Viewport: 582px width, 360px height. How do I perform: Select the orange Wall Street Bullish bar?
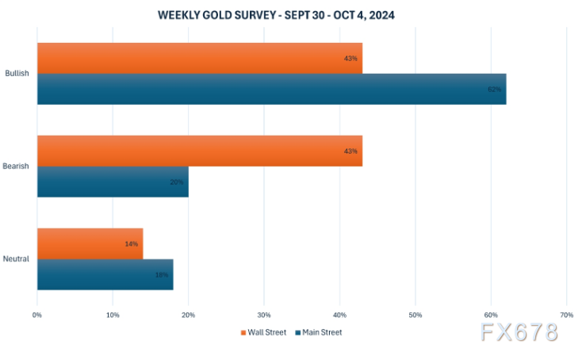coord(198,59)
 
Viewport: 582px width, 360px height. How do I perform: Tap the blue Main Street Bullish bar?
coord(270,89)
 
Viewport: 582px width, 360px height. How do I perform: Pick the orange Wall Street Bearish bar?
coord(198,151)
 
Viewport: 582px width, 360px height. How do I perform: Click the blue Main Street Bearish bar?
coord(111,182)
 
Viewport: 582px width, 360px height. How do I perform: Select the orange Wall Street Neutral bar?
coord(89,243)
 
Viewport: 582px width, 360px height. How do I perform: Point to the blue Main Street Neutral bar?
coord(103,274)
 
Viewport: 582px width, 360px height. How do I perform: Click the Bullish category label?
coord(17,74)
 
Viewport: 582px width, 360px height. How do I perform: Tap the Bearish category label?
coord(17,167)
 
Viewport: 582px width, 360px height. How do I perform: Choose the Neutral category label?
coord(17,259)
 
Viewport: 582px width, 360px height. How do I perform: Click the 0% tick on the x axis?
coord(37,315)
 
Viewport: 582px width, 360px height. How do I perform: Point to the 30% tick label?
coord(264,315)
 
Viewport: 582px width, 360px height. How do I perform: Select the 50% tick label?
coord(415,315)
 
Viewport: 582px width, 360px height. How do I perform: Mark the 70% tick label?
coord(566,315)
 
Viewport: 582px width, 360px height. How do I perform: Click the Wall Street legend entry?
coord(265,332)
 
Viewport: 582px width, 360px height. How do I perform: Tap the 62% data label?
coord(495,90)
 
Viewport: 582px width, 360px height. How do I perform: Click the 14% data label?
coord(132,243)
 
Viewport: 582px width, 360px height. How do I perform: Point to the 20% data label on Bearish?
coord(177,182)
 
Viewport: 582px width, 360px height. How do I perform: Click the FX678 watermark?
coord(519,333)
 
